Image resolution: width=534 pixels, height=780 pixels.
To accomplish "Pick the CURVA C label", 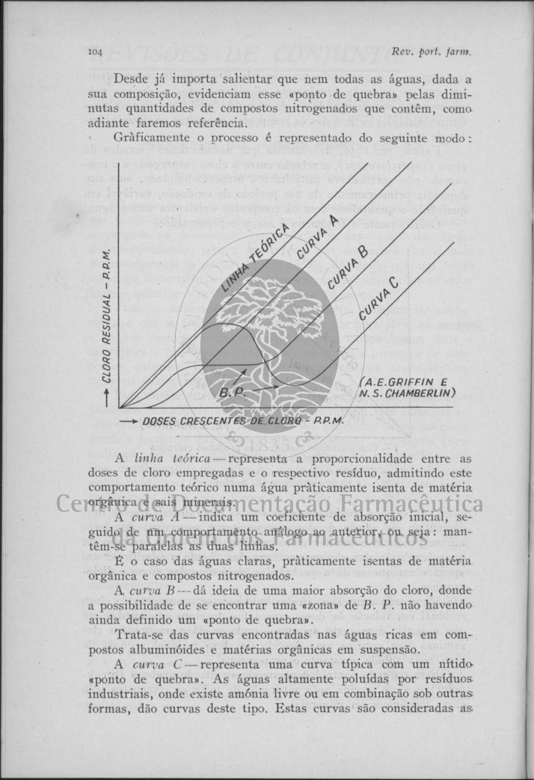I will click(378, 299).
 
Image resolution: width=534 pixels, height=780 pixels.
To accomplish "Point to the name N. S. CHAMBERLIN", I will click(407, 393).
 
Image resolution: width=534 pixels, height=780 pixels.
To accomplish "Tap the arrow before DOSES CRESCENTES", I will click(127, 420).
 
